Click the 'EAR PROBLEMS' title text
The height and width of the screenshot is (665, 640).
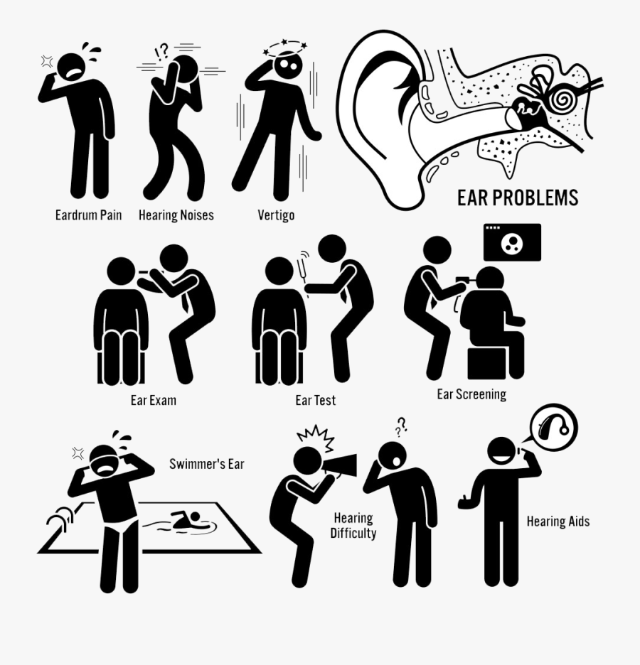tap(518, 198)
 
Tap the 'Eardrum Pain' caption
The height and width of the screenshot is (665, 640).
tap(88, 215)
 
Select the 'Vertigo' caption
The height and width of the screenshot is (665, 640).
tap(276, 215)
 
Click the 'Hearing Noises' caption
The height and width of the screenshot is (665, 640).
tap(176, 215)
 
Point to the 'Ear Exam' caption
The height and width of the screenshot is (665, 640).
tap(153, 400)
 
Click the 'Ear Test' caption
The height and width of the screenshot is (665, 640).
tap(316, 401)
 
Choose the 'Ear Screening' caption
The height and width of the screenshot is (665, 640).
tap(471, 394)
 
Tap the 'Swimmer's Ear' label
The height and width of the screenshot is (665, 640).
tap(206, 465)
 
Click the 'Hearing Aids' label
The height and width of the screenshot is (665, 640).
tap(558, 521)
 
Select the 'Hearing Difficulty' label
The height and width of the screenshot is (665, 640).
tap(353, 526)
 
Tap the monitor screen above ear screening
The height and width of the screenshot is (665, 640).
tap(512, 242)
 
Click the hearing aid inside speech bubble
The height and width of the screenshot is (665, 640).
tap(554, 428)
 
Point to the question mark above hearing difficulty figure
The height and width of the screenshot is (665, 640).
tap(402, 425)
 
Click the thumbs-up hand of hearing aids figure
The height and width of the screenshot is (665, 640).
tap(466, 501)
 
